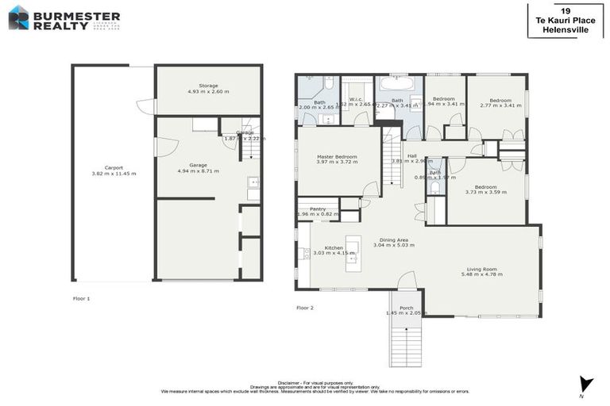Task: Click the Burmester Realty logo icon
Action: coord(18,17)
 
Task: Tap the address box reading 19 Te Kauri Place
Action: coord(564,20)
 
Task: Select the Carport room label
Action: coord(114,170)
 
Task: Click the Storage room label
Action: coord(208,88)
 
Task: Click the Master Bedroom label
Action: coord(336,159)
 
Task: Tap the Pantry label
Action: coord(318,211)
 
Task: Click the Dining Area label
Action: coord(394,242)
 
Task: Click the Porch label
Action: coord(406,310)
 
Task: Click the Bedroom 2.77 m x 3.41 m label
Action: coord(500,102)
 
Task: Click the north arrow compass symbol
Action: coord(586,385)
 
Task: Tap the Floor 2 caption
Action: coord(305,307)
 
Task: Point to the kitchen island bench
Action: coord(353,254)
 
